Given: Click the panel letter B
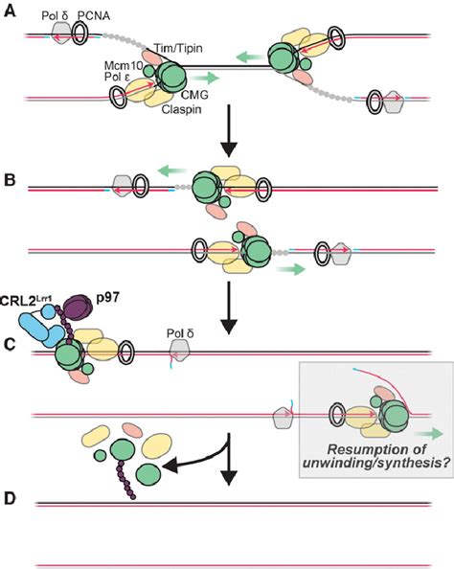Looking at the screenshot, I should (10, 178).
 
